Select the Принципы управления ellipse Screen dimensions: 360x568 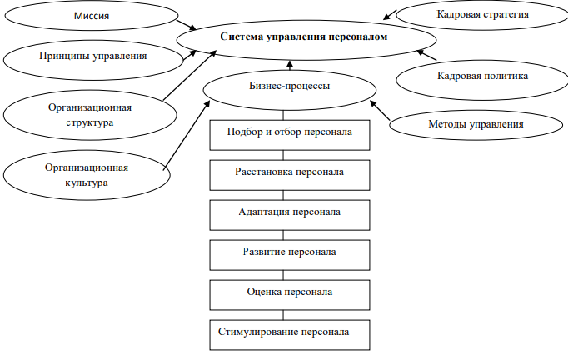coord(93,57)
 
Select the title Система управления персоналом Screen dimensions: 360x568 coord(305,37)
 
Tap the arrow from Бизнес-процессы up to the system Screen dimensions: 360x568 coord(290,64)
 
